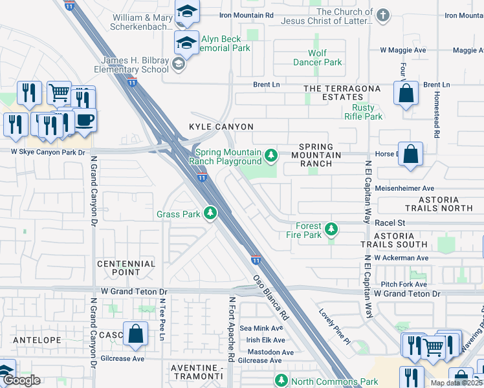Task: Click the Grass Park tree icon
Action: point(210,213)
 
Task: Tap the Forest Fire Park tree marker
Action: point(331,230)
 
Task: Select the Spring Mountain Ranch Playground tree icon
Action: point(271,155)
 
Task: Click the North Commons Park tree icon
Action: point(281,381)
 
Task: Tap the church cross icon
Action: point(383,16)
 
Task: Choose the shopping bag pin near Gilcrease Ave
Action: point(136,335)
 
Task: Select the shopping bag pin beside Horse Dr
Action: point(410,155)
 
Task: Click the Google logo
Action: point(21,380)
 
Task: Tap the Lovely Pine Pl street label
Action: point(334,327)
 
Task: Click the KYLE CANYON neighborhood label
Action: point(221,127)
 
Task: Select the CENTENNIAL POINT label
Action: point(126,268)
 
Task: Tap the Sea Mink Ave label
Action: point(262,329)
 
